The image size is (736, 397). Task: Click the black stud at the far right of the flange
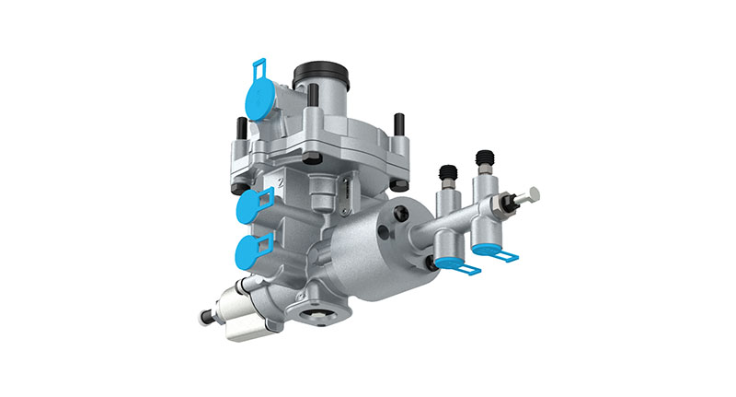400,123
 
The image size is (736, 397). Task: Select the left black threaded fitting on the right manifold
448,174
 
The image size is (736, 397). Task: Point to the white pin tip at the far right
535,194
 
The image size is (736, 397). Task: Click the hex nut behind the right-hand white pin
509,202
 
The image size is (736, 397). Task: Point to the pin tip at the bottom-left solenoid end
203,320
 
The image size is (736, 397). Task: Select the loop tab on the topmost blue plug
260,68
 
